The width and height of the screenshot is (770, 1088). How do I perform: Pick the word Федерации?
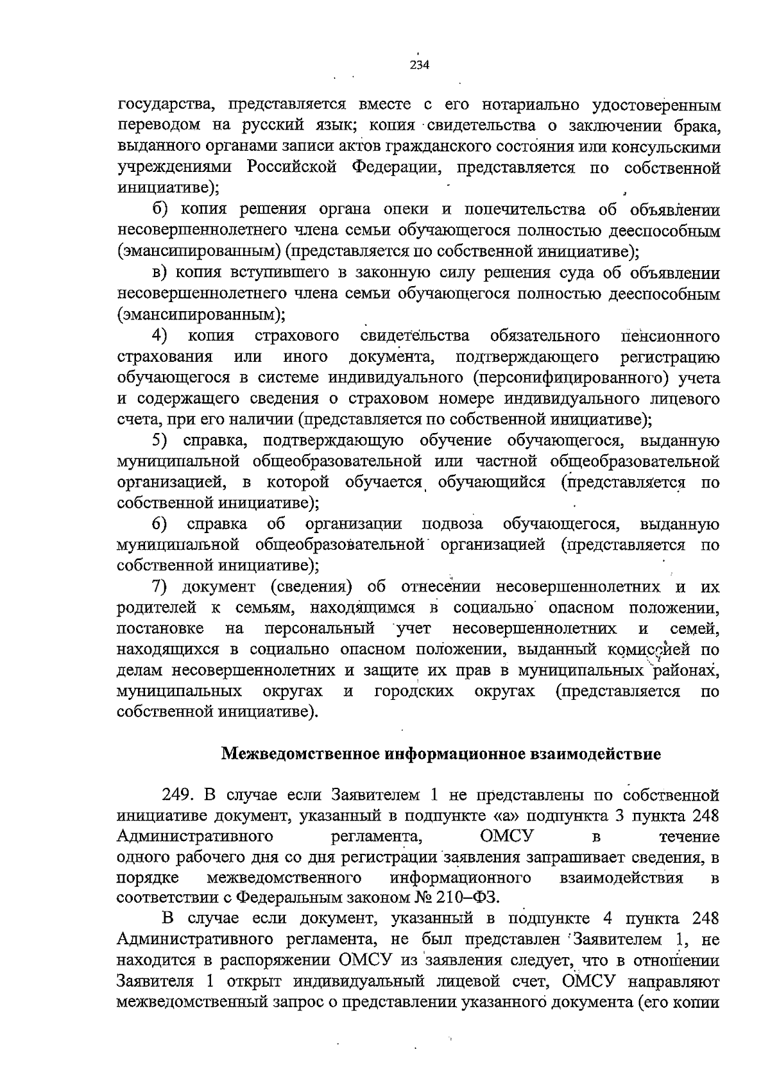point(397,168)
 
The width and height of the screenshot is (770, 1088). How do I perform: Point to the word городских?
point(414,692)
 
